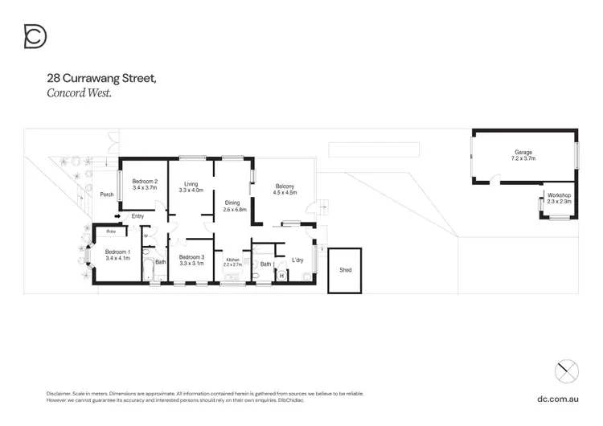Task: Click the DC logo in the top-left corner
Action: coord(35,36)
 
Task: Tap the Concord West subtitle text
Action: coord(78,93)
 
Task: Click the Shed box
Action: coord(345,270)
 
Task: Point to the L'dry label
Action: coord(297,260)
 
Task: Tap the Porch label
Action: coord(106,195)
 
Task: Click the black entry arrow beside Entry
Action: coord(117,215)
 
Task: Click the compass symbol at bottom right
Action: coord(567,371)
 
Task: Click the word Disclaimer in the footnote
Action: coord(60,393)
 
